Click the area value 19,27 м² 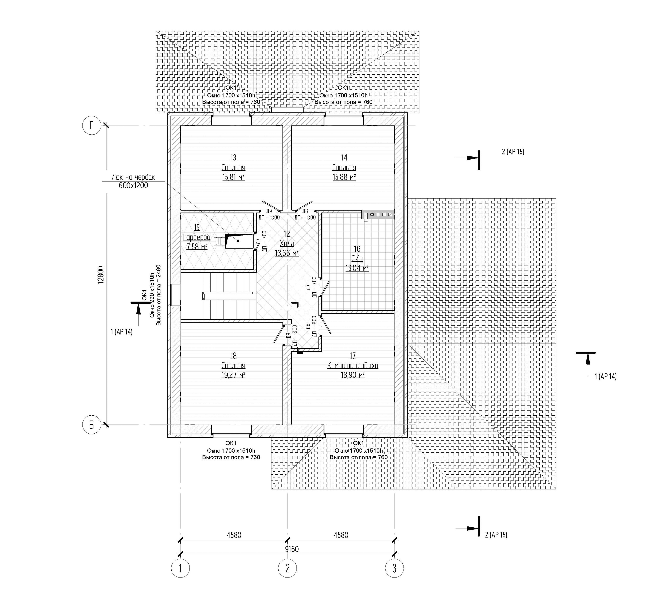[233, 375]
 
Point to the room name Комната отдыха [353, 365]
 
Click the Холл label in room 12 [287, 244]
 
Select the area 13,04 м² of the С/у [357, 268]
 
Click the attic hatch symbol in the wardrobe [239, 241]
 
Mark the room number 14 [344, 158]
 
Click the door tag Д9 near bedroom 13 [269, 211]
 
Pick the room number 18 [233, 355]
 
